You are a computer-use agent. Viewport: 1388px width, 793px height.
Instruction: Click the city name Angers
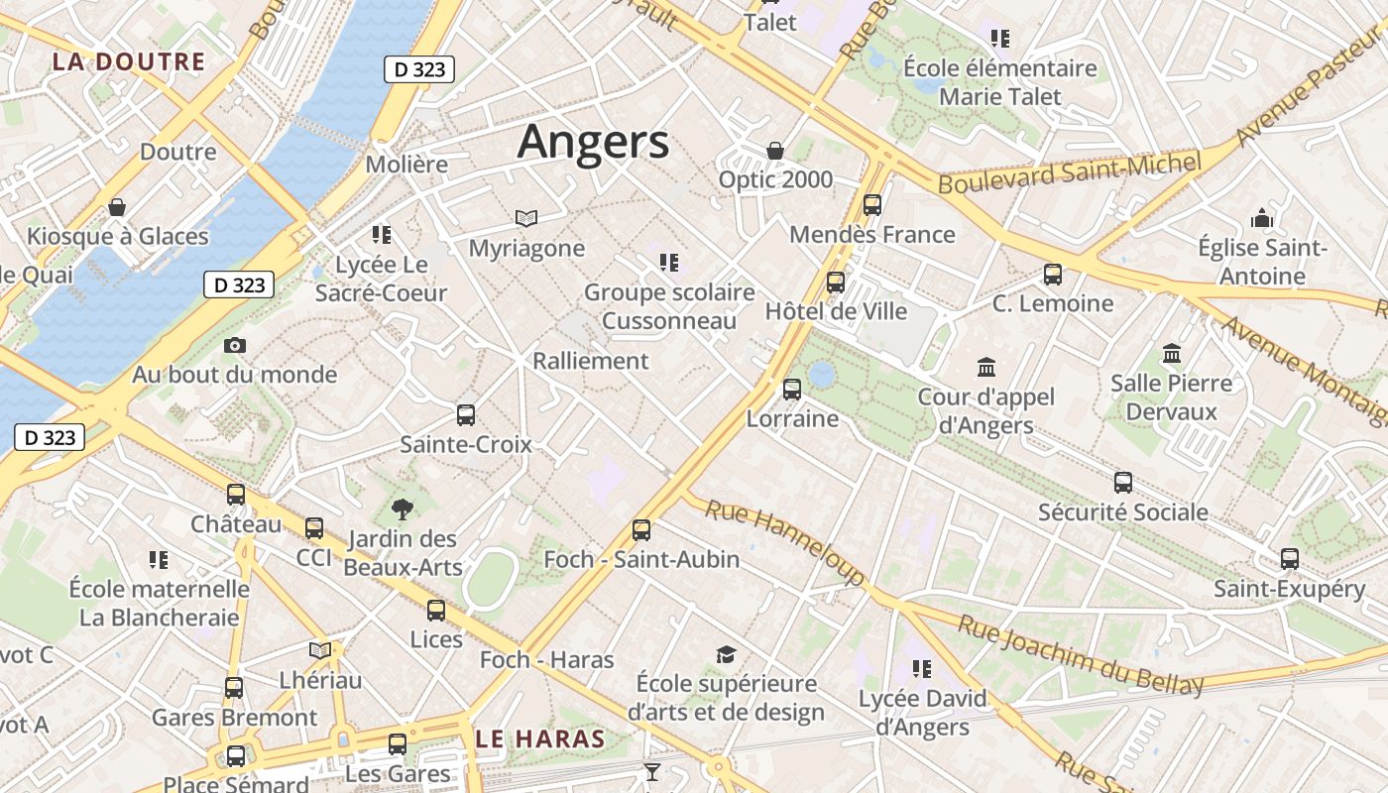593,142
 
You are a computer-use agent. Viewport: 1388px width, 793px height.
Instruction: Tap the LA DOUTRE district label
129,61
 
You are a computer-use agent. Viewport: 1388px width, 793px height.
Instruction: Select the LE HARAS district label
539,738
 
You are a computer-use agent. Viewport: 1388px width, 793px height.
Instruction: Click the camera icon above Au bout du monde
235,345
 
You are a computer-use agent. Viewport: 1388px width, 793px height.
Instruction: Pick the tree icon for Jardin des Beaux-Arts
402,510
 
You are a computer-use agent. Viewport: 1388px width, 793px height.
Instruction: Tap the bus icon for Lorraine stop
791,389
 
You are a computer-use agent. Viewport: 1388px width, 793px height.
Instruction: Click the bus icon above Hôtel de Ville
836,283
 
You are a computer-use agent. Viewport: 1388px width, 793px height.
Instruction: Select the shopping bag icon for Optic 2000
775,151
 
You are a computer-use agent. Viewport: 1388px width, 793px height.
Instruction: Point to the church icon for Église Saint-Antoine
1262,218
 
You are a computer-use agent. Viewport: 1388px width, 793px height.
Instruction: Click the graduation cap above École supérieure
727,654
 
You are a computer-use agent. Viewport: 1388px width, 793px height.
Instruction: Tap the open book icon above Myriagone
526,218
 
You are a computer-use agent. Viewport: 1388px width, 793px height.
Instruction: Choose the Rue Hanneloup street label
785,541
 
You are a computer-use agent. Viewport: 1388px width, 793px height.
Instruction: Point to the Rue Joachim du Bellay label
1082,653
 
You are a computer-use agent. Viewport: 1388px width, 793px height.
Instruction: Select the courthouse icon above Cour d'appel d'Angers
986,368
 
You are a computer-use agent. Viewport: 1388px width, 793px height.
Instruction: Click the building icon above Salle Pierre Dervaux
1172,353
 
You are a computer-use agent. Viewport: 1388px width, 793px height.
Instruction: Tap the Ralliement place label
591,361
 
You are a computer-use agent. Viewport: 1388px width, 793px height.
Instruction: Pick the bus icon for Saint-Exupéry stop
1290,559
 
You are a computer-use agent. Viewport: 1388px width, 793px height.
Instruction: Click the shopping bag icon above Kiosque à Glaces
117,207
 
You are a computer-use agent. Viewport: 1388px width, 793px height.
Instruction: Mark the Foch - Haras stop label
547,659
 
